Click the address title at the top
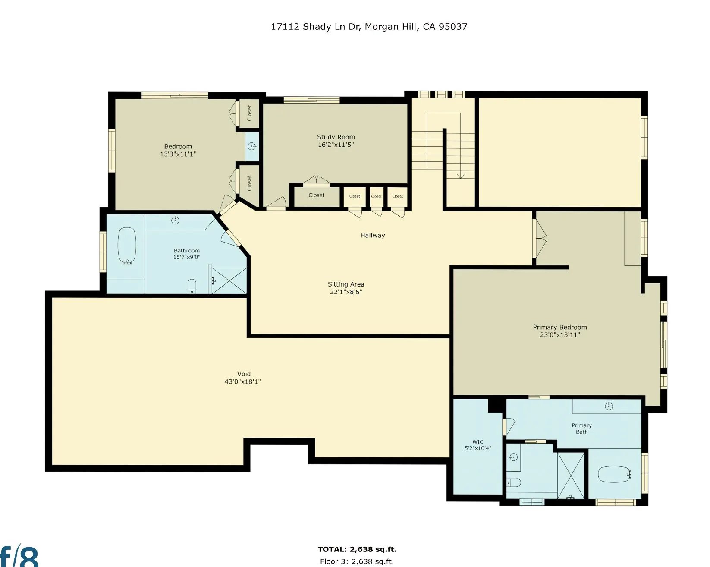(369, 27)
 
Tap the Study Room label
(336, 137)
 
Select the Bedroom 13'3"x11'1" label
(178, 150)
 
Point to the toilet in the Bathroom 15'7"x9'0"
(192, 286)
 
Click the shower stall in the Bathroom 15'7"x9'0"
(229, 280)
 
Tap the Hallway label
(373, 235)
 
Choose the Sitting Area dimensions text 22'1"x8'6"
(346, 292)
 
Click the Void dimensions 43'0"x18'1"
(242, 381)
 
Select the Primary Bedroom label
(560, 327)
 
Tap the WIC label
(478, 441)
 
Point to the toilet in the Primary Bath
(514, 483)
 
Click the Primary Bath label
(581, 428)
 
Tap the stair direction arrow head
(460, 176)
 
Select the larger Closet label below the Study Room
(317, 195)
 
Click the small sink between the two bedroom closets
(252, 146)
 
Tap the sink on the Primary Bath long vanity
(609, 406)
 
